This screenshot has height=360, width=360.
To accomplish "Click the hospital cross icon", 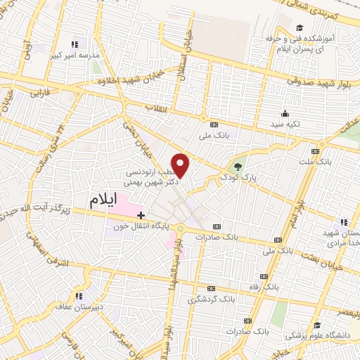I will tap(141, 214).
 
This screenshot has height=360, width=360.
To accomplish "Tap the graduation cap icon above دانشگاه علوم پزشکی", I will tap(318, 325).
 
